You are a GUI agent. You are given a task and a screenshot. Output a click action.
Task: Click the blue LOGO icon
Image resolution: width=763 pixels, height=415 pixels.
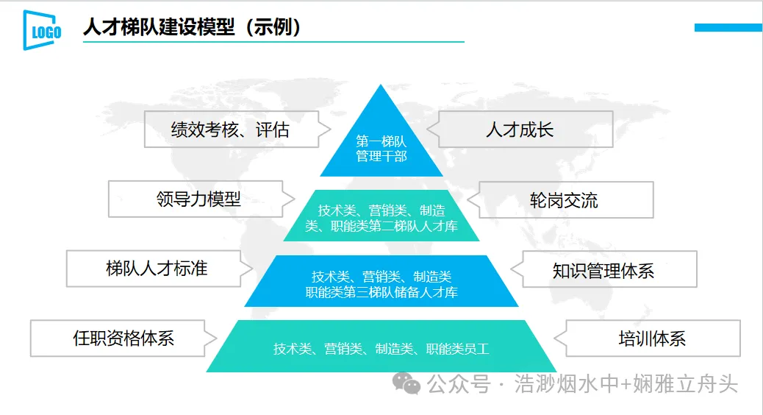pyautogui.click(x=42, y=30)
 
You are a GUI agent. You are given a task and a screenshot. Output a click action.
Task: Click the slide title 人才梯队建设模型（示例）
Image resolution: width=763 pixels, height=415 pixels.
pyautogui.click(x=193, y=28)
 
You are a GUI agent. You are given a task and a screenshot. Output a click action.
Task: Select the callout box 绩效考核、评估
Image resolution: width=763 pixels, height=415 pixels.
pyautogui.click(x=230, y=130)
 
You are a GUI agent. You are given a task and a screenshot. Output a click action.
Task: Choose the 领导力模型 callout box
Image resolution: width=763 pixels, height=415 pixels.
pyautogui.click(x=198, y=199)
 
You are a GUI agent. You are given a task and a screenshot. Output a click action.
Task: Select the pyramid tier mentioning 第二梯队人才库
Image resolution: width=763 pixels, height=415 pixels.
pyautogui.click(x=381, y=218)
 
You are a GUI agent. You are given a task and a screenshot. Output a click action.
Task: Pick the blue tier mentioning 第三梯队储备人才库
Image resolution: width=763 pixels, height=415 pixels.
pyautogui.click(x=381, y=283)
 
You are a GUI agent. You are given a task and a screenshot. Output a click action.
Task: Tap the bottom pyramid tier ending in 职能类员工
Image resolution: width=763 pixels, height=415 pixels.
pyautogui.click(x=381, y=348)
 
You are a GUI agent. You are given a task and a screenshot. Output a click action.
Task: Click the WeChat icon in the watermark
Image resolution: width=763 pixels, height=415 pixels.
pyautogui.click(x=406, y=383)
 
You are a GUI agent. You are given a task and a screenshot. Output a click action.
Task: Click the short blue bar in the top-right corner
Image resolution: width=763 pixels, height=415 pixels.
pyautogui.click(x=728, y=27)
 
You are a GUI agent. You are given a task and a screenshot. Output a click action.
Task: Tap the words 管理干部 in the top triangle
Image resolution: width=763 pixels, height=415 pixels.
pyautogui.click(x=381, y=156)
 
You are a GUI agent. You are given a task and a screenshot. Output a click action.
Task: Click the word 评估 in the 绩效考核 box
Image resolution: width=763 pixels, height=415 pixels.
pyautogui.click(x=272, y=130)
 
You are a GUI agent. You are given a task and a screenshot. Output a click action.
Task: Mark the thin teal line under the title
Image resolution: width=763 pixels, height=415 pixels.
pyautogui.click(x=273, y=42)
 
